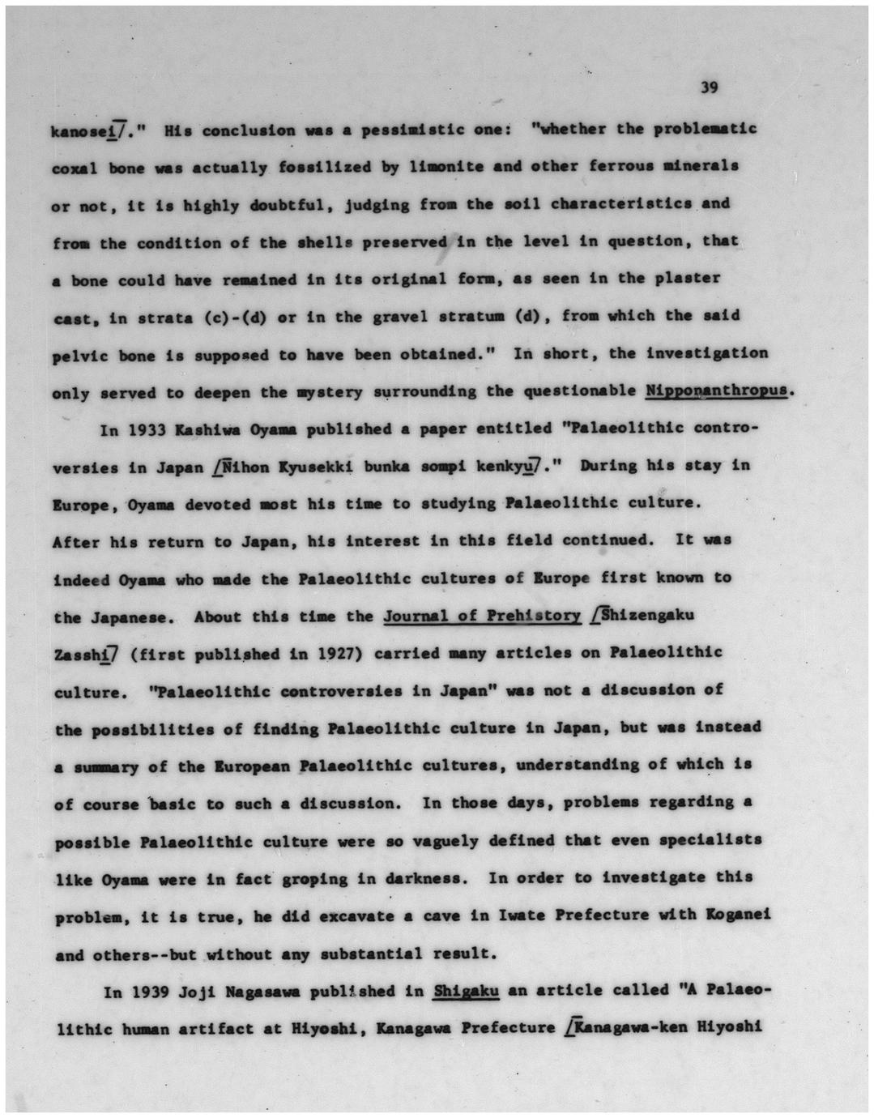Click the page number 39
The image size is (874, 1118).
click(709, 87)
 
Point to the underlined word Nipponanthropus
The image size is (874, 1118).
click(717, 391)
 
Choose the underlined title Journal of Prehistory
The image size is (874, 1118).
click(482, 617)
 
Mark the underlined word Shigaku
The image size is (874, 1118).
click(466, 991)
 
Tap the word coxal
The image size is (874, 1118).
click(75, 168)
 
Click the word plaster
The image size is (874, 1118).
click(689, 279)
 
